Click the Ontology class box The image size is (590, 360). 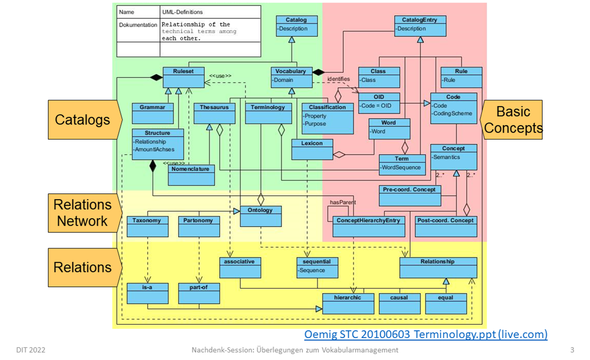(260, 216)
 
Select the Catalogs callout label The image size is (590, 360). (83, 120)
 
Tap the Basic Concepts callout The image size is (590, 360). (513, 119)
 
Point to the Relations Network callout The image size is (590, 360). (82, 212)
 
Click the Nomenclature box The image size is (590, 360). (191, 175)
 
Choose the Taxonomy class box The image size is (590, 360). (147, 226)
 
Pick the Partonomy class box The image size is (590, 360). (199, 226)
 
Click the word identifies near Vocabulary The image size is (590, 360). (338, 79)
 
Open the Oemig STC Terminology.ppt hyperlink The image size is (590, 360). (425, 334)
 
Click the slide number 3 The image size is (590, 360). (573, 350)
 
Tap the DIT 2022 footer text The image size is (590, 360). (30, 350)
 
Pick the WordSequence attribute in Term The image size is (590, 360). (401, 168)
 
